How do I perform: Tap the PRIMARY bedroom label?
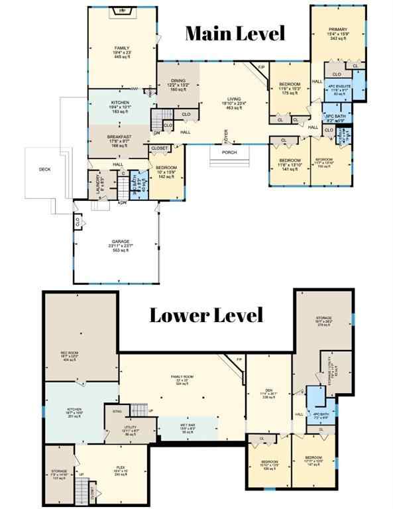[x=338, y=29]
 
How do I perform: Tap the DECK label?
[x=45, y=170]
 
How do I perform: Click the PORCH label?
[x=229, y=152]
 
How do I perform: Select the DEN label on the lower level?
[x=268, y=390]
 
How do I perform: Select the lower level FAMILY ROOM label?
[x=187, y=378]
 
